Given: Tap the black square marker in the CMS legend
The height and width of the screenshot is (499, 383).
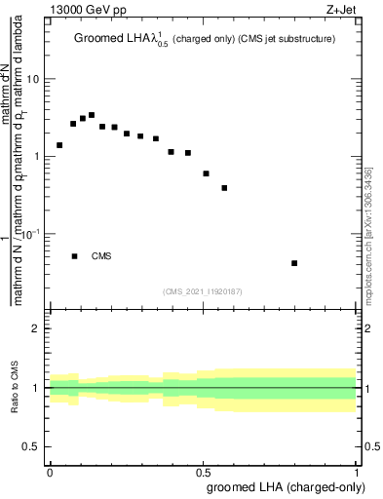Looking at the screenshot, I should pyautogui.click(x=74, y=256).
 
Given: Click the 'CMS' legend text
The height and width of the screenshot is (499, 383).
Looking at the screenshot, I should pyautogui.click(x=101, y=256).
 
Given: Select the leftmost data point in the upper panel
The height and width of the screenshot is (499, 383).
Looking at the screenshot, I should pyautogui.click(x=59, y=145).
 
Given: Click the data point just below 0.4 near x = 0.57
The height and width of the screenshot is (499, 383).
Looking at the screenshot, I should pyautogui.click(x=224, y=188).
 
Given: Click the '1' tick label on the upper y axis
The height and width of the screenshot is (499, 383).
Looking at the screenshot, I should pyautogui.click(x=37, y=156).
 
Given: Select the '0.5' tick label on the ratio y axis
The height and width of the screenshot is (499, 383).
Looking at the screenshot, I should pyautogui.click(x=32, y=446).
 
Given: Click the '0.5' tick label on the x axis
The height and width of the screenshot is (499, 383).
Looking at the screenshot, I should pyautogui.click(x=204, y=470).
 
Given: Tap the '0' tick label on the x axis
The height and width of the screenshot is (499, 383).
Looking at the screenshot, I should pyautogui.click(x=50, y=470).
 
